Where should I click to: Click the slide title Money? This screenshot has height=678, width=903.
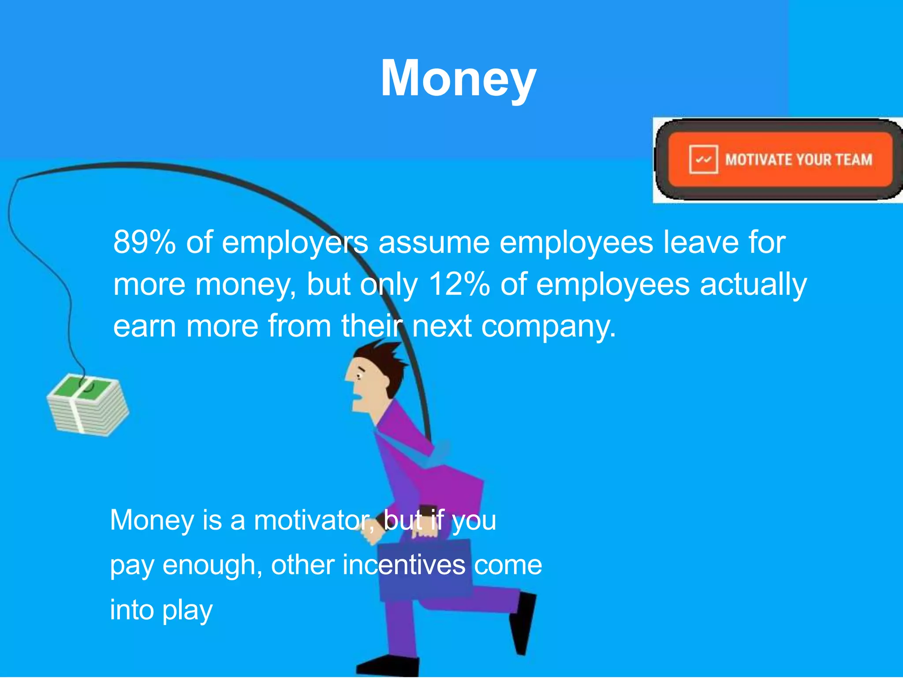(x=458, y=79)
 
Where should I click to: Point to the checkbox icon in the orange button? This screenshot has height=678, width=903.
(x=703, y=159)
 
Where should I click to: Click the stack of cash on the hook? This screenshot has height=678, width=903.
(x=88, y=405)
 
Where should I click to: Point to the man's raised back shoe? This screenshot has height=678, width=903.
(x=523, y=622)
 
